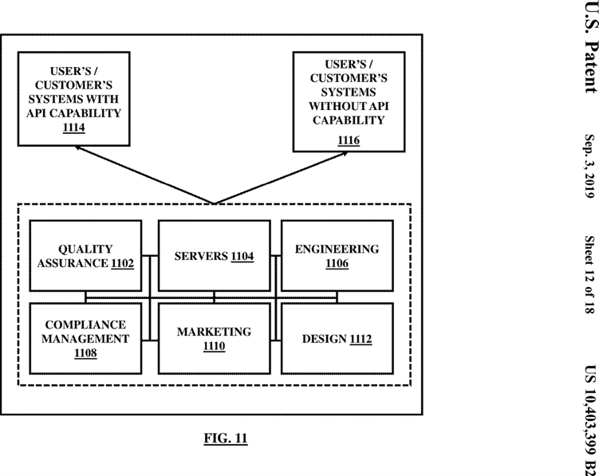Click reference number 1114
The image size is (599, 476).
click(73, 128)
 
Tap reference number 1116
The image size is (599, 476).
click(349, 140)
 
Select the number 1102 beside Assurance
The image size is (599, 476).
click(123, 263)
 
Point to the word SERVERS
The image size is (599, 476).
click(201, 256)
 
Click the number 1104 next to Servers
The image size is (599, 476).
click(242, 256)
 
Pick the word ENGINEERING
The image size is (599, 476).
click(337, 249)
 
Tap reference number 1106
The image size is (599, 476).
click(337, 263)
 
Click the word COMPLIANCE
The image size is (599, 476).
click(85, 325)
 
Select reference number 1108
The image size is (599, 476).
click(85, 353)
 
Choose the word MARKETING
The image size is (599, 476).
click(214, 332)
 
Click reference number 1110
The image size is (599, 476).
click(214, 346)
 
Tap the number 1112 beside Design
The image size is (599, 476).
click(361, 339)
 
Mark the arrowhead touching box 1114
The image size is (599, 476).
click(77, 148)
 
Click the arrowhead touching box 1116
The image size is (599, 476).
click(345, 154)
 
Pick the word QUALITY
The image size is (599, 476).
click(85, 249)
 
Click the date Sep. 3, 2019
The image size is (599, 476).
click(590, 166)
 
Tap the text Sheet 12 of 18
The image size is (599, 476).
click(590, 274)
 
